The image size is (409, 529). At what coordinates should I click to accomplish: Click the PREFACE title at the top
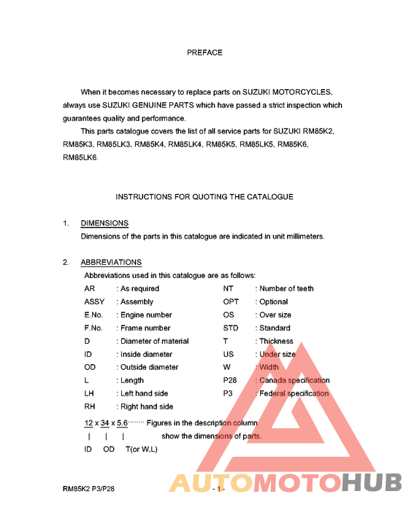(204, 53)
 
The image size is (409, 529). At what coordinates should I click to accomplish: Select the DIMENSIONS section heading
(104, 223)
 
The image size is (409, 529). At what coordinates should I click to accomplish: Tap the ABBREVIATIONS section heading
(111, 262)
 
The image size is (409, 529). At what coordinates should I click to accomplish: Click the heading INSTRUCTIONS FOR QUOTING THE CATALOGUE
(204, 197)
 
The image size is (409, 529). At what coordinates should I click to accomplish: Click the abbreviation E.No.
(93, 314)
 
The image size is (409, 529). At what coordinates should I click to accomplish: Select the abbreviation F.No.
(93, 328)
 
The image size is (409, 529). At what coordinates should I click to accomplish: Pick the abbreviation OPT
(231, 301)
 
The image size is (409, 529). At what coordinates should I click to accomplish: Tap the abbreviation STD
(231, 328)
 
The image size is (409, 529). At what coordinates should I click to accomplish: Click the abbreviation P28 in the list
(231, 380)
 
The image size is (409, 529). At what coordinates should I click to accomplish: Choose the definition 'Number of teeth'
(286, 288)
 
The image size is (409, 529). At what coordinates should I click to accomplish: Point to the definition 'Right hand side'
(147, 406)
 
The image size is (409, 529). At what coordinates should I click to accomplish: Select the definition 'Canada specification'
(294, 380)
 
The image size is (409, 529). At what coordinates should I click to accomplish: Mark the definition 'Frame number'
(145, 328)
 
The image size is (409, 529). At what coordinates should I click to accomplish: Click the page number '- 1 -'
(217, 490)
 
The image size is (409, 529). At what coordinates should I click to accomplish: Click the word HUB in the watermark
(372, 484)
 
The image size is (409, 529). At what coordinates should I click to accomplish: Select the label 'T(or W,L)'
(142, 449)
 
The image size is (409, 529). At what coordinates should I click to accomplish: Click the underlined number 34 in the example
(106, 422)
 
